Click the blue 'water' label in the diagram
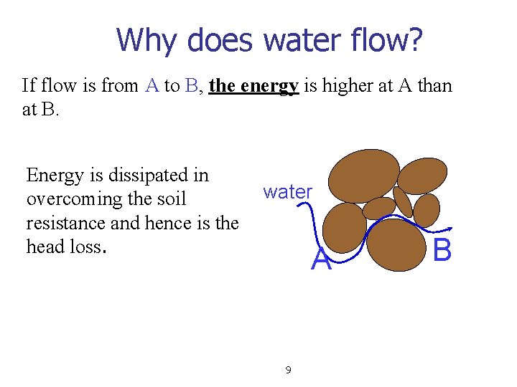coord(287,191)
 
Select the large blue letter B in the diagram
coord(442,251)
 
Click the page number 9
coord(288,370)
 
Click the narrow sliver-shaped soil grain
coord(403,202)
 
